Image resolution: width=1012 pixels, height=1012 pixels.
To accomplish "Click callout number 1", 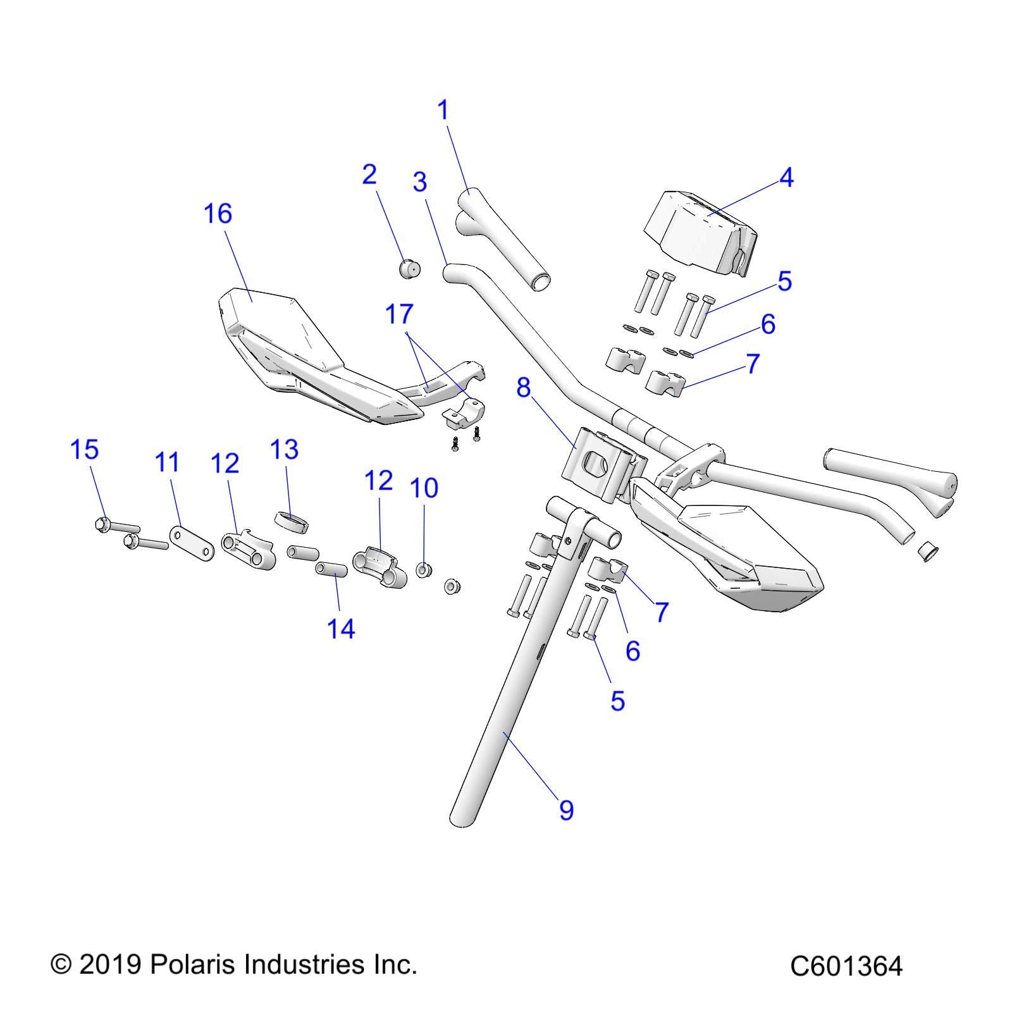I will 443,110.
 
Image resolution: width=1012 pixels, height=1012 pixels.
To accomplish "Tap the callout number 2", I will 369,175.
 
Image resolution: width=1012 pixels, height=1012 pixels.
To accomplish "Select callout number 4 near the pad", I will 786,178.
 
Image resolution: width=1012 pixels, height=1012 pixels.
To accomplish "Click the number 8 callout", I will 523,388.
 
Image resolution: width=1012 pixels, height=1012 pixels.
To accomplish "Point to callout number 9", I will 566,810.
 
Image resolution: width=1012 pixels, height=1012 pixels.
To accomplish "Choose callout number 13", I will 284,450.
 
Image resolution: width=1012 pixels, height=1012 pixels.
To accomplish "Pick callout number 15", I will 84,450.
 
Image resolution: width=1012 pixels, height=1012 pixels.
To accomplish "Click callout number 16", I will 218,214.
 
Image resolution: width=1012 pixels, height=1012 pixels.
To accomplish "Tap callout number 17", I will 399,314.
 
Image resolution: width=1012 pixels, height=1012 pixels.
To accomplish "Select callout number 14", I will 341,629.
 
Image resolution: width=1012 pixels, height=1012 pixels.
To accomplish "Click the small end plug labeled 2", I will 410,269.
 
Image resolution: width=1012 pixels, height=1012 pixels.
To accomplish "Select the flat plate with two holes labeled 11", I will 190,544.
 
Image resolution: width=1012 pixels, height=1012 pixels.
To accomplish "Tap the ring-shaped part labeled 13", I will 291,524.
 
